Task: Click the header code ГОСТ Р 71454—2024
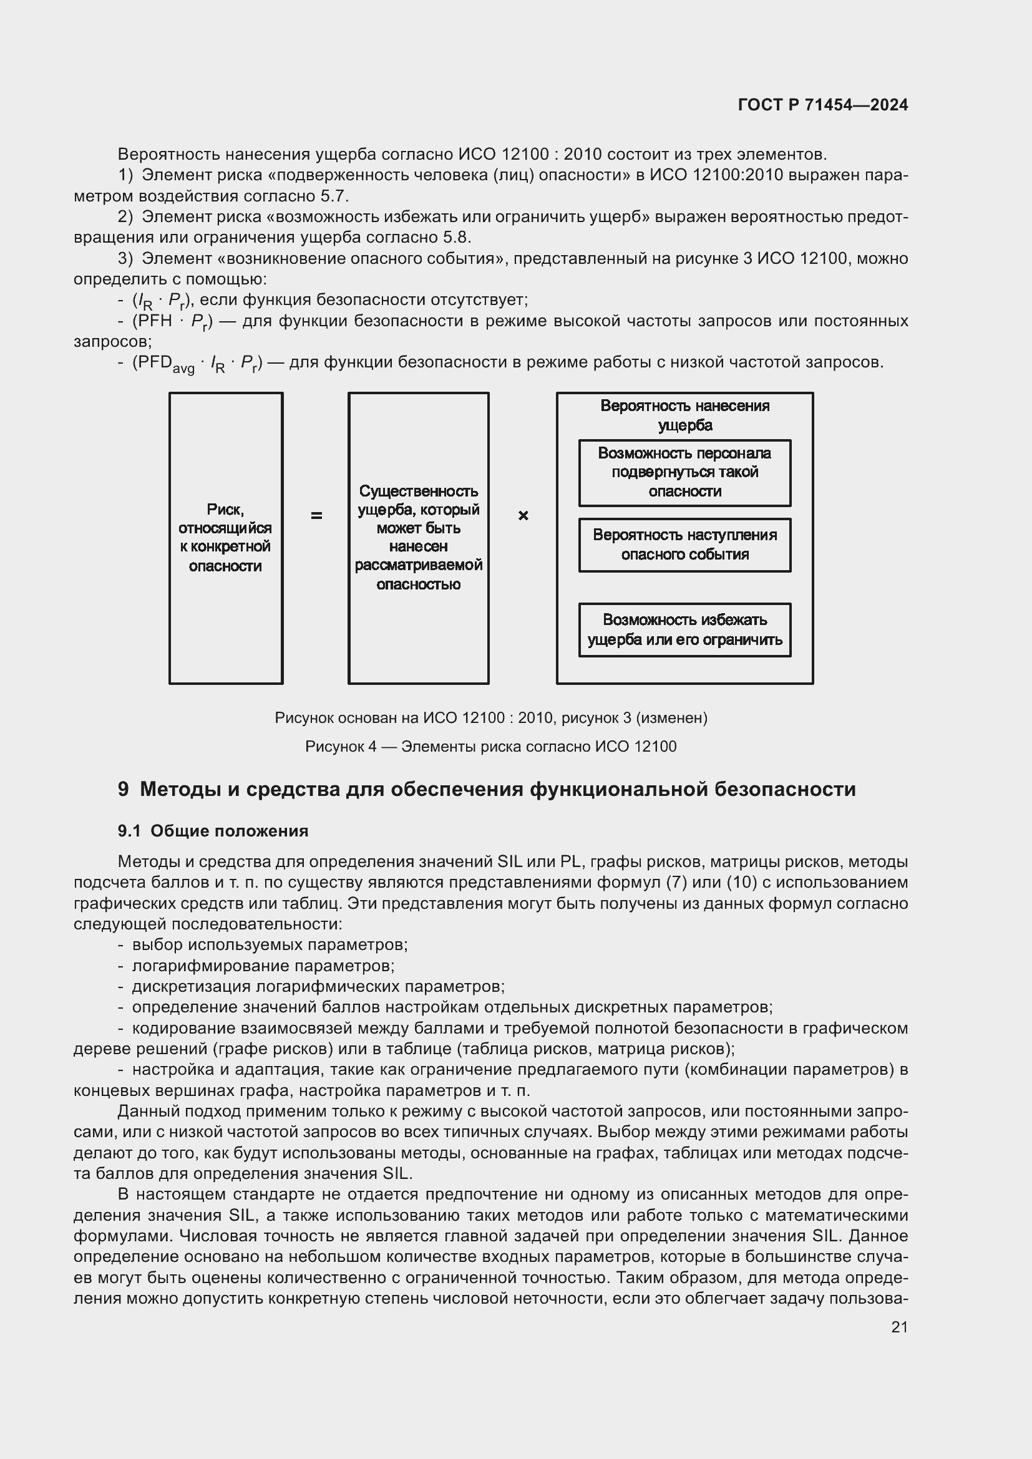pyautogui.click(x=822, y=105)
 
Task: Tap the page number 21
pyautogui.click(x=899, y=1327)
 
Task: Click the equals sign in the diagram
pyautogui.click(x=316, y=516)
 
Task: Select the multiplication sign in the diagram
pyautogui.click(x=523, y=516)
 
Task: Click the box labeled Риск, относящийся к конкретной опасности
pyautogui.click(x=226, y=538)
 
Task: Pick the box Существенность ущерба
pyautogui.click(x=418, y=538)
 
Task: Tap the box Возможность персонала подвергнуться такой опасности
pyautogui.click(x=684, y=472)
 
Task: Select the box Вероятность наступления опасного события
pyautogui.click(x=684, y=545)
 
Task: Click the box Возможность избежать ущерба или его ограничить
pyautogui.click(x=684, y=629)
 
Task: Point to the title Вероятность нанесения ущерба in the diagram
pyautogui.click(x=684, y=415)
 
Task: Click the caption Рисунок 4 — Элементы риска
pyautogui.click(x=490, y=746)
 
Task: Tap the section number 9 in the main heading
pyautogui.click(x=124, y=789)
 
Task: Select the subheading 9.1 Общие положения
pyautogui.click(x=213, y=831)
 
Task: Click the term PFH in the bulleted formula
pyautogui.click(x=156, y=321)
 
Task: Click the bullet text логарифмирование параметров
pyautogui.click(x=263, y=965)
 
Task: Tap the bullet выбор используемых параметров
pyautogui.click(x=270, y=944)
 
